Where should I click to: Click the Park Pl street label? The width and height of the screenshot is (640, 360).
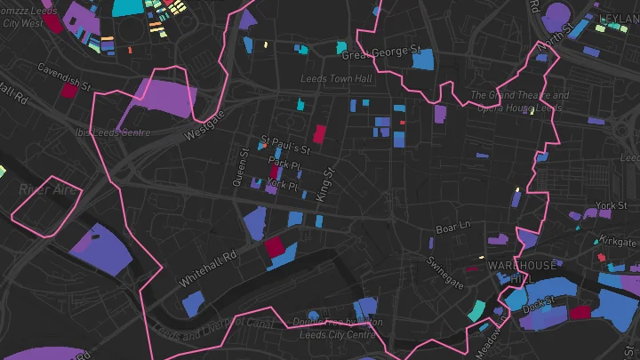click(x=284, y=164)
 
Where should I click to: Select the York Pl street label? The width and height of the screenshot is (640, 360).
click(x=282, y=185)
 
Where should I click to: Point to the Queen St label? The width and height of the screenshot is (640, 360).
click(x=241, y=167)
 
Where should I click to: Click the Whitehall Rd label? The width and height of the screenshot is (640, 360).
click(x=207, y=267)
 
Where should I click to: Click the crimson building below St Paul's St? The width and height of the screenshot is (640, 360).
click(x=319, y=135)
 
